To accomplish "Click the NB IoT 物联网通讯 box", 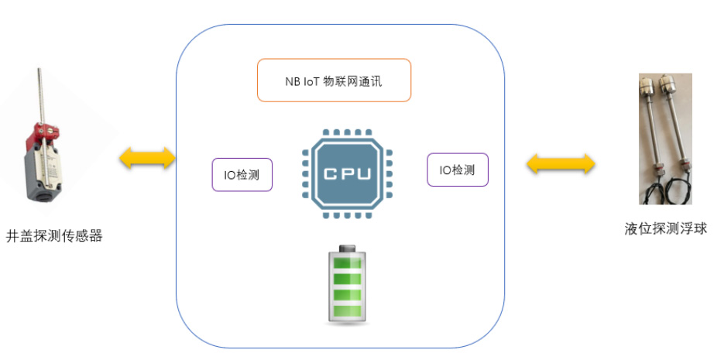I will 334,80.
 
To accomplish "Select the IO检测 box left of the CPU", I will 242,175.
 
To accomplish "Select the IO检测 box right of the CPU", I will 457,170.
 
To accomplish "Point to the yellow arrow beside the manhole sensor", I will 147,159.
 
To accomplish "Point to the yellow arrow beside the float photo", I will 561,163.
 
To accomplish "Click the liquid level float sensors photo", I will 664,139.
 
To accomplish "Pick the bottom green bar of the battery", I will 347,312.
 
